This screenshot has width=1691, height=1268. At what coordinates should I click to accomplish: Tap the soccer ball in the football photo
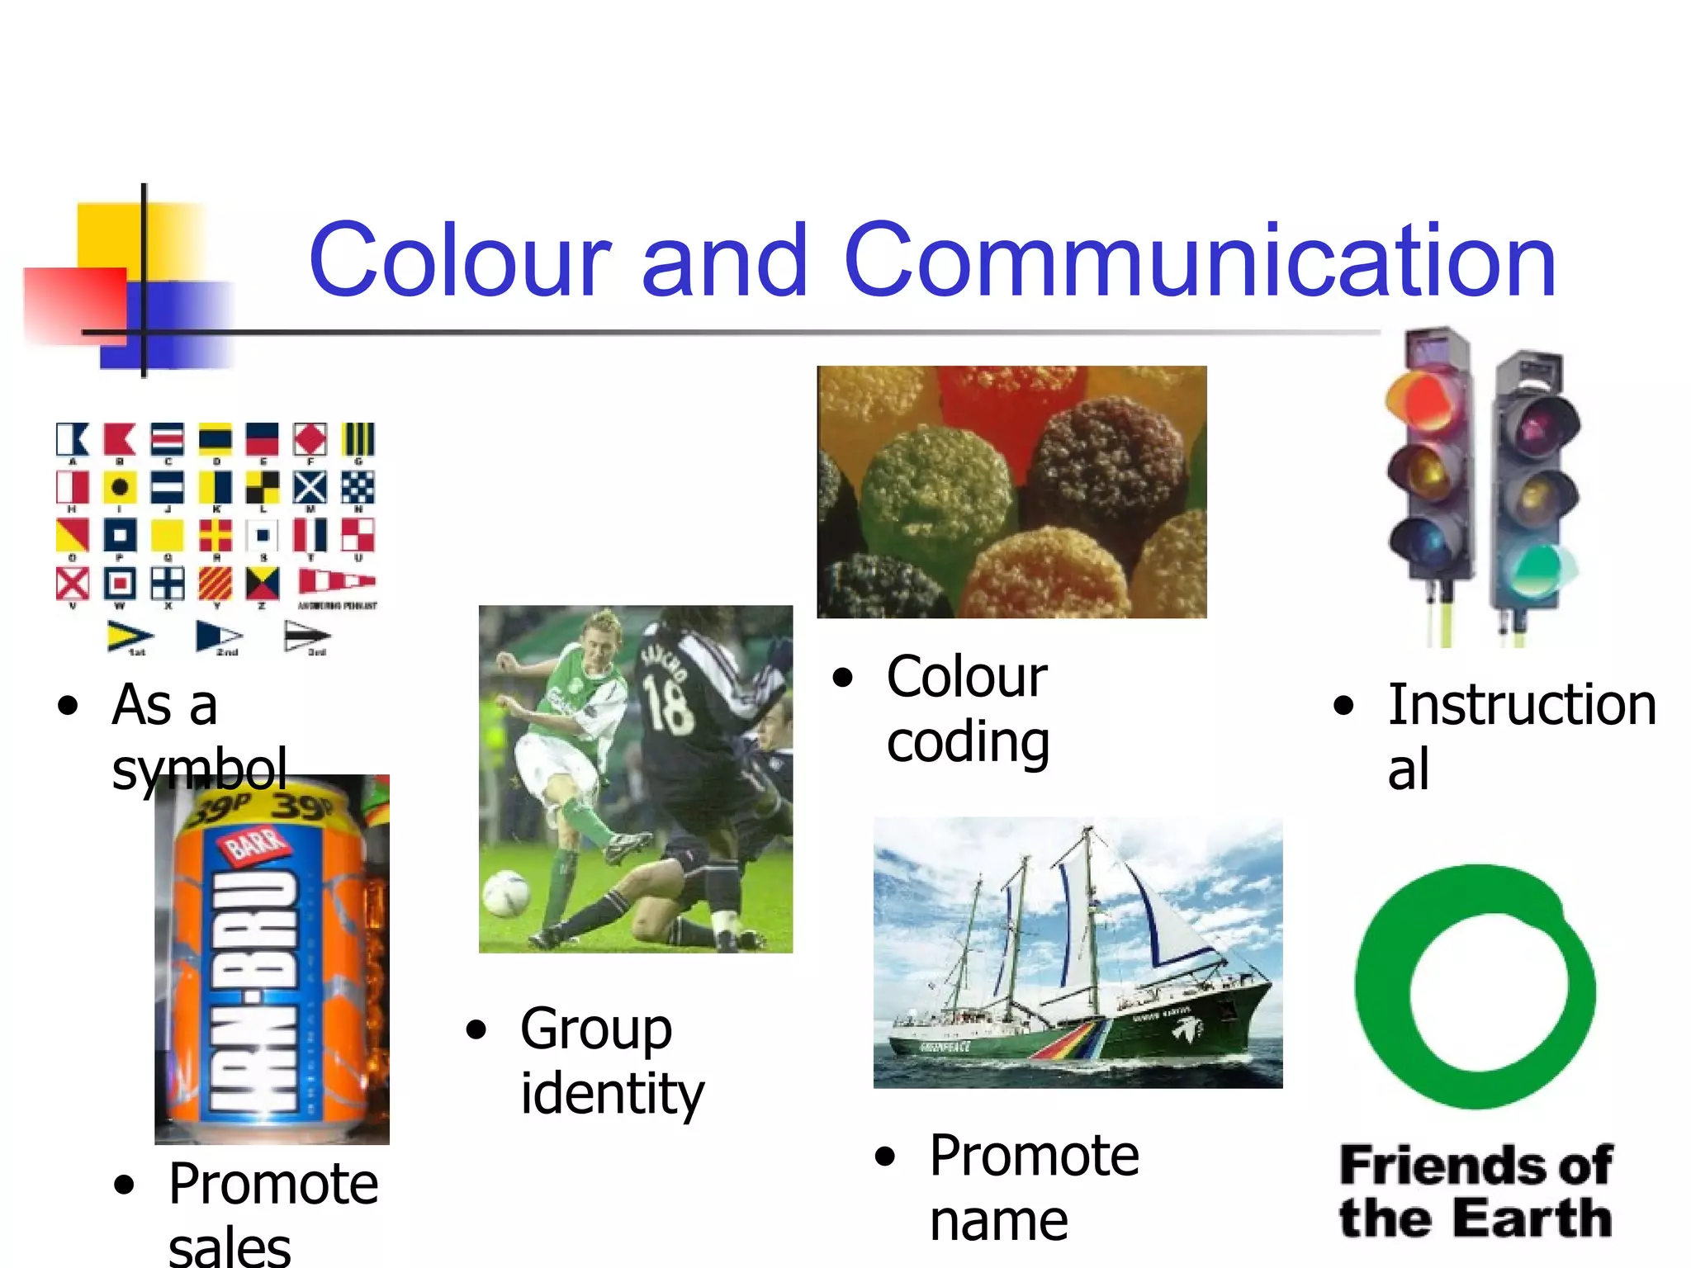(x=505, y=895)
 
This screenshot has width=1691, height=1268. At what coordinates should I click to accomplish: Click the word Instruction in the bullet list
(x=1522, y=706)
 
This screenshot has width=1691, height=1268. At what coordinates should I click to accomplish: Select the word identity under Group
(x=612, y=1094)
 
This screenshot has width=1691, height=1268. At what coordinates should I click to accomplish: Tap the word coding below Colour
(x=968, y=741)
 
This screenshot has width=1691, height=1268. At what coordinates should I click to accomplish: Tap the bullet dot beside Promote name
(x=884, y=1157)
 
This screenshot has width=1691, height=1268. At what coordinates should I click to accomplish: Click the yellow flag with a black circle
(x=120, y=487)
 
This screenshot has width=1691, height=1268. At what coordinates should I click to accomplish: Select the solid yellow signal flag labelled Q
(x=167, y=535)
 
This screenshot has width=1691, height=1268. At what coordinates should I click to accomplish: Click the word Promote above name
(x=1034, y=1155)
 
